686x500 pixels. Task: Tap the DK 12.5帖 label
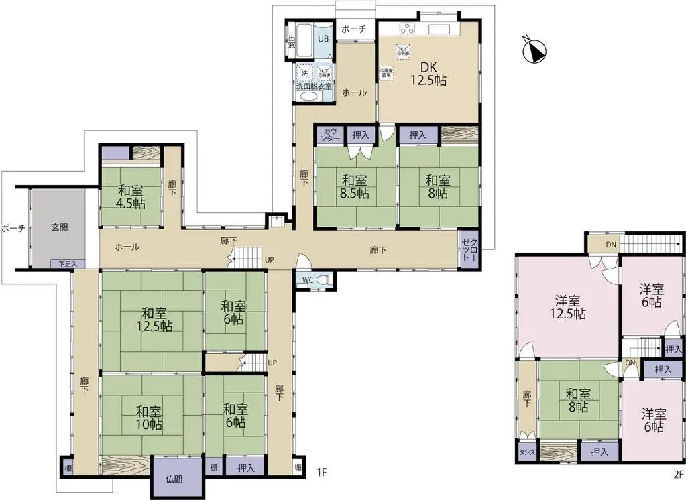pyautogui.click(x=428, y=73)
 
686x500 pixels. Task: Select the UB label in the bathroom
pyautogui.click(x=323, y=39)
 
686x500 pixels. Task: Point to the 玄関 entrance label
pyautogui.click(x=59, y=227)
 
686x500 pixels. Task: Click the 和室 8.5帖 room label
pyautogui.click(x=355, y=186)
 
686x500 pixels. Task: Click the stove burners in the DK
pyautogui.click(x=408, y=28)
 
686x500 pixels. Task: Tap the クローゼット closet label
pyautogui.click(x=469, y=250)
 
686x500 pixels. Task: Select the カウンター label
pyautogui.click(x=331, y=135)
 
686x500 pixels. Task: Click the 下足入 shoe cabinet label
pyautogui.click(x=67, y=265)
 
